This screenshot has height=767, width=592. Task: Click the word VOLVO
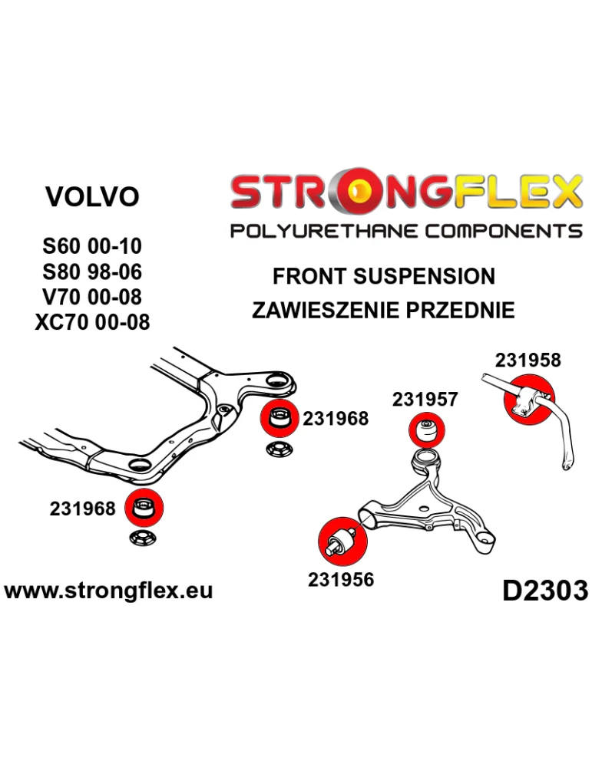click(x=92, y=197)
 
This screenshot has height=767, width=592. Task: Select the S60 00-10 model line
click(x=91, y=247)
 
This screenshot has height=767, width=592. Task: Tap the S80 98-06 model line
click(x=91, y=272)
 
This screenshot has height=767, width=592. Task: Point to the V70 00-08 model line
click(x=91, y=296)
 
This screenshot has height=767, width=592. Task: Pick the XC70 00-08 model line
click(x=92, y=321)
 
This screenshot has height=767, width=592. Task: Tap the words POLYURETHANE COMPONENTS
click(x=406, y=230)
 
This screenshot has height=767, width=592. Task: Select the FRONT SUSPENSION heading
click(x=384, y=276)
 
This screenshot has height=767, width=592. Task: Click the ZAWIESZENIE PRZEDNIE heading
click(x=383, y=311)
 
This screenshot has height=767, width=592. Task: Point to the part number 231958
click(x=528, y=360)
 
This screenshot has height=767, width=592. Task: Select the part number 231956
click(x=341, y=579)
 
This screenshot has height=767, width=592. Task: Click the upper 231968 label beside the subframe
click(x=336, y=419)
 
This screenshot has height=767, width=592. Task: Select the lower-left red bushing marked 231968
click(x=143, y=508)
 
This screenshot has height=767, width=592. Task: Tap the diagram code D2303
click(x=544, y=590)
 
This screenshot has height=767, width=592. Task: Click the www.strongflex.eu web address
click(x=108, y=591)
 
